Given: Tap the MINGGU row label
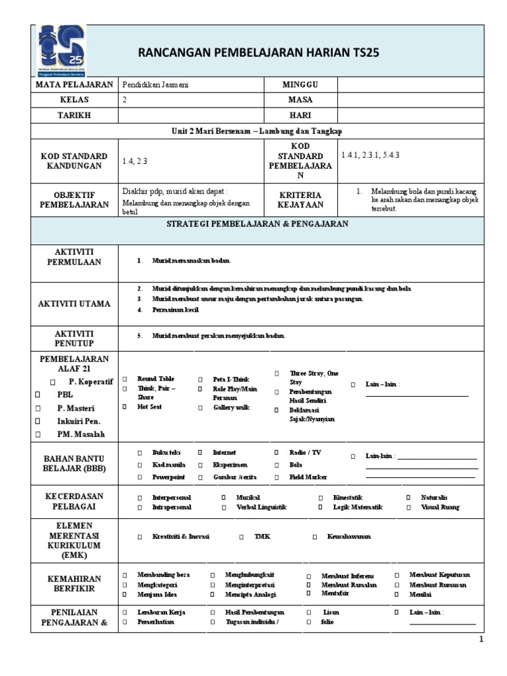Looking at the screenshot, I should point(300,84).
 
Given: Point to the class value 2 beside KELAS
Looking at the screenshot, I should point(125,100).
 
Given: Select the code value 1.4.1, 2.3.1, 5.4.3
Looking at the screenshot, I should point(370,155).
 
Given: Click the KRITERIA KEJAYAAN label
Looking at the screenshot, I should point(300,200).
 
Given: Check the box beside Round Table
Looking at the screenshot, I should point(124,379).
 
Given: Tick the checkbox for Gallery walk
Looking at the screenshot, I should point(200,407).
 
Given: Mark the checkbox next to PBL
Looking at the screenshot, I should point(38,395).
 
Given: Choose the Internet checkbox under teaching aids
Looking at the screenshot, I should point(200,453).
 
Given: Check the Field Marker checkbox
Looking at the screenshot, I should point(277,477).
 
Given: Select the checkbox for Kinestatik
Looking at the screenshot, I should point(320,497).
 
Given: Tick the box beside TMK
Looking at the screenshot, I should point(241,537).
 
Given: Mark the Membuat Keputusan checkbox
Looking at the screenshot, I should point(397,574).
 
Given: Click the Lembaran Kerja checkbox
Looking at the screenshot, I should point(124,613).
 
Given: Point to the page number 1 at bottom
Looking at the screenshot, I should point(481,640).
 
